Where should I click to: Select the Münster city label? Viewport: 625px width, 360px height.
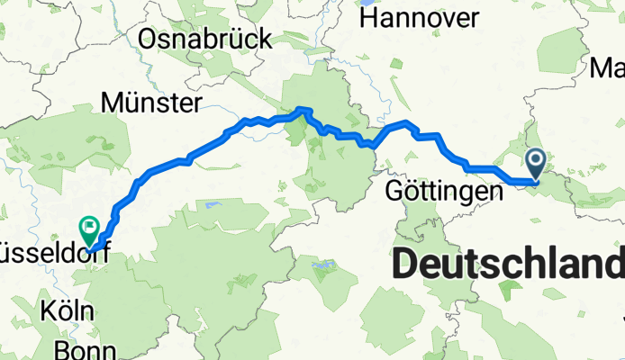tap(151, 103)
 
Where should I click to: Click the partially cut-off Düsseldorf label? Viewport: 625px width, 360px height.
tap(54, 255)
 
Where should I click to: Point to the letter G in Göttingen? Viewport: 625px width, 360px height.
tap(394, 192)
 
